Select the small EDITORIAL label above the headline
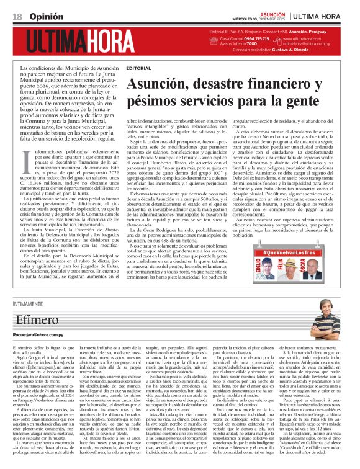point(138,67)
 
